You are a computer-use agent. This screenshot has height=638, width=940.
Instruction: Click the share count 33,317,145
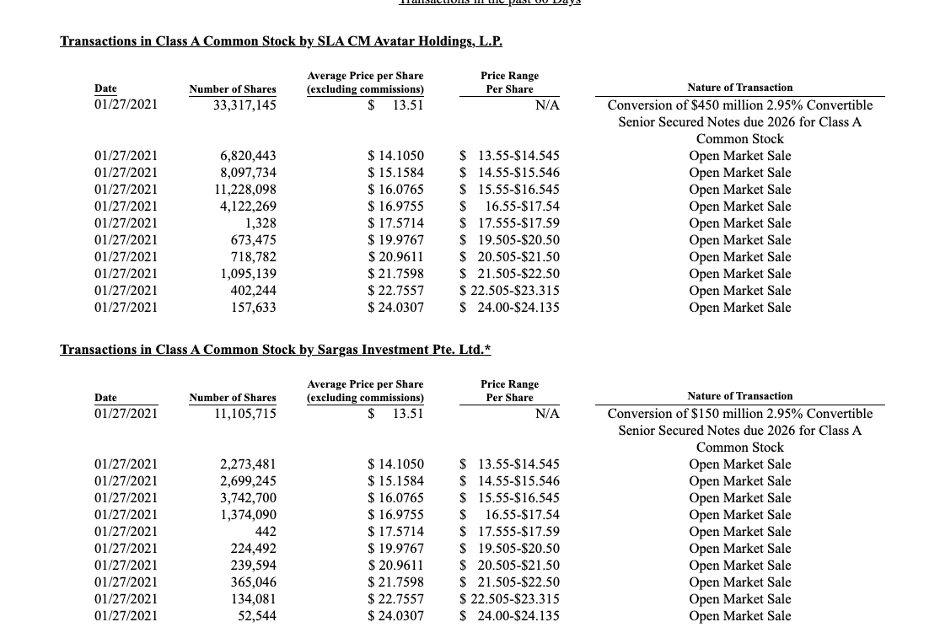(x=244, y=105)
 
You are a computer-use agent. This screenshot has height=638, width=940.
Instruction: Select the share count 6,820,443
(x=248, y=156)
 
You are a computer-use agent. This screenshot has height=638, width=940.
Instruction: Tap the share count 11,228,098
(x=244, y=190)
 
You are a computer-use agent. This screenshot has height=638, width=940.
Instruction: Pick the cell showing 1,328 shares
(x=261, y=223)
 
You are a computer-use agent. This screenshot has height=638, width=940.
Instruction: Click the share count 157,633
(x=253, y=308)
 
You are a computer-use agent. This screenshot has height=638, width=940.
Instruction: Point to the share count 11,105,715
(x=244, y=414)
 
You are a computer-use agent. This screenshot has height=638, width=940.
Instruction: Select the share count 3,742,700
(x=248, y=498)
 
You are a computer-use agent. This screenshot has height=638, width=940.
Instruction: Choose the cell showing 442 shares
(x=265, y=532)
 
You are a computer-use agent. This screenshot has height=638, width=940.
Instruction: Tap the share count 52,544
(x=256, y=616)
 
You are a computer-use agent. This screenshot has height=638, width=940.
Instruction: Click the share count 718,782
(x=253, y=257)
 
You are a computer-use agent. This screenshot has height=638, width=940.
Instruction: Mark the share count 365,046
(x=253, y=582)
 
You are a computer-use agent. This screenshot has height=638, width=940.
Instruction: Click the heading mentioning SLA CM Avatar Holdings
(x=281, y=40)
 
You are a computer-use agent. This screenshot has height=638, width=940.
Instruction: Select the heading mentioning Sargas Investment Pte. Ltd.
(x=275, y=349)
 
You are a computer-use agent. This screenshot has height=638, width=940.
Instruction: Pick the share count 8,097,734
(x=248, y=173)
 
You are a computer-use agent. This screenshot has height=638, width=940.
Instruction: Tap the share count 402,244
(x=253, y=291)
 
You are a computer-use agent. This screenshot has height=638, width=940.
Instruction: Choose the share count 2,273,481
(x=248, y=464)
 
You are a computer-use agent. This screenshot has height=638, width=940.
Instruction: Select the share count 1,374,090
(x=248, y=515)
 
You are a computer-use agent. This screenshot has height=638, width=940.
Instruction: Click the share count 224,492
(x=253, y=549)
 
